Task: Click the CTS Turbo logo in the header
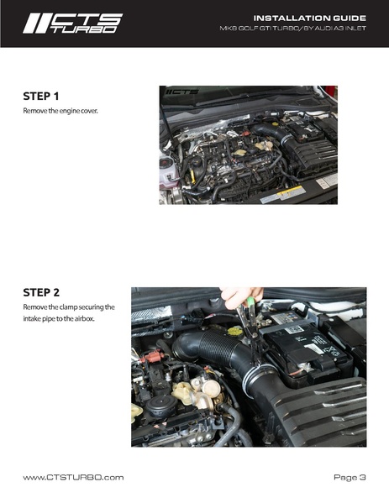[72, 24]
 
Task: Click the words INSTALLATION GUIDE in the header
[310, 18]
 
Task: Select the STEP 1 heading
[41, 97]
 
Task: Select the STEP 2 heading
[41, 292]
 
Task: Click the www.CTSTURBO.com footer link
[73, 478]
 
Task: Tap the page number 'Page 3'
[350, 478]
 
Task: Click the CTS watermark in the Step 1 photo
[182, 92]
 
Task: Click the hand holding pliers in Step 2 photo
[241, 296]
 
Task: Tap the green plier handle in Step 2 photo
[250, 303]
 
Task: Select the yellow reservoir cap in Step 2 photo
[235, 331]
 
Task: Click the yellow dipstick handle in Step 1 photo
[193, 176]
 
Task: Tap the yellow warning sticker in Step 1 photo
[292, 191]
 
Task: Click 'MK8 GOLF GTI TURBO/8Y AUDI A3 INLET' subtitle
[292, 29]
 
